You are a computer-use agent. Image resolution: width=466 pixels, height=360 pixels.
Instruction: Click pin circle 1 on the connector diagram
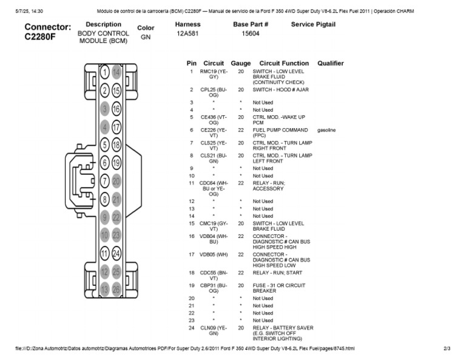pyautogui.click(x=104, y=72)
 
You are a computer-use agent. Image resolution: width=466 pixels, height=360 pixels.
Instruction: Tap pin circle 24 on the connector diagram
pyautogui.click(x=116, y=253)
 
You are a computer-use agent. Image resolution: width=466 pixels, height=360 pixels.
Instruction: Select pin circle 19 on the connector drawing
pyautogui.click(x=116, y=163)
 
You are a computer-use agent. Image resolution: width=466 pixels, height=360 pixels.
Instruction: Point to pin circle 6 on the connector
pyautogui.click(x=104, y=163)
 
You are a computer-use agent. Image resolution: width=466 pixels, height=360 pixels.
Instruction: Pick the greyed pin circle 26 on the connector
pyautogui.click(x=116, y=290)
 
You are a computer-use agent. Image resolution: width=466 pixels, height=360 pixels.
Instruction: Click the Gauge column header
pyautogui.click(x=241, y=63)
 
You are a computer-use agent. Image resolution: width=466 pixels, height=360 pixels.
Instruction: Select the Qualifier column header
pyautogui.click(x=330, y=63)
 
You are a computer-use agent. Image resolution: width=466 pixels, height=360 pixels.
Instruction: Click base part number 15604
pyautogui.click(x=251, y=34)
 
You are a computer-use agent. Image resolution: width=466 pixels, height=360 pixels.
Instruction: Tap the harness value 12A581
pyautogui.click(x=187, y=34)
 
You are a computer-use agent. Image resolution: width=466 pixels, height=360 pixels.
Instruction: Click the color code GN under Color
pyautogui.click(x=146, y=37)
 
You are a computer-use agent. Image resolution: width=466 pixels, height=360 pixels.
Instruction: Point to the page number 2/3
pyautogui.click(x=447, y=348)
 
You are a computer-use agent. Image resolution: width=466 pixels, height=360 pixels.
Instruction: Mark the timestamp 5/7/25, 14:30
pyautogui.click(x=27, y=11)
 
